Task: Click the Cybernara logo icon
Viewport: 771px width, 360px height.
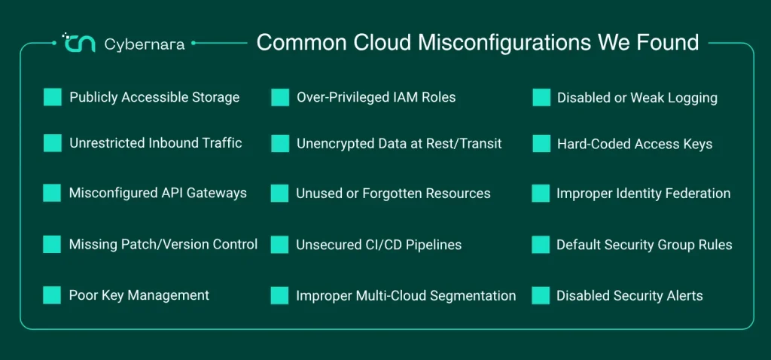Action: point(78,43)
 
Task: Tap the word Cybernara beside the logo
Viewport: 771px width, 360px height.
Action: point(145,44)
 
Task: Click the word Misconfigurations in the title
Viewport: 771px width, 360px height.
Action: point(504,43)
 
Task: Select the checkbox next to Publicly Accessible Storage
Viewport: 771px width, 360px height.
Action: point(53,97)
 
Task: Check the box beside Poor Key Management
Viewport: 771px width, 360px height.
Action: point(52,295)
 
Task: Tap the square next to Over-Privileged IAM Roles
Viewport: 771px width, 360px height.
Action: point(280,97)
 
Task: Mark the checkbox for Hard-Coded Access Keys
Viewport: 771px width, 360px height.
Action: point(541,144)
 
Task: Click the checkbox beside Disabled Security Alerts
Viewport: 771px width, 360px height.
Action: point(541,295)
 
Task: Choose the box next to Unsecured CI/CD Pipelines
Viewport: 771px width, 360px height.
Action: point(280,245)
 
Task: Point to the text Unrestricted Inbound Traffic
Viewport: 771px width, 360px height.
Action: point(156,143)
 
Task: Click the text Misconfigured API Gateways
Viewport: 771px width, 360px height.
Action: point(158,193)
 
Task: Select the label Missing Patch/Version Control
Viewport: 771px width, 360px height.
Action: point(163,245)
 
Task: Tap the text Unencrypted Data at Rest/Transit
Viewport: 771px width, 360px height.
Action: point(399,144)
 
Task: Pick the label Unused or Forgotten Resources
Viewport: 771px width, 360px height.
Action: point(393,194)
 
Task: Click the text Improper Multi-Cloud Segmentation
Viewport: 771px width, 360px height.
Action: point(406,295)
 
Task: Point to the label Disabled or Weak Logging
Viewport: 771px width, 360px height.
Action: point(637,98)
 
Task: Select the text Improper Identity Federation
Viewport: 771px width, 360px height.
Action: point(644,194)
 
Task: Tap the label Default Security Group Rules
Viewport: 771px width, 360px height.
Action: point(645,245)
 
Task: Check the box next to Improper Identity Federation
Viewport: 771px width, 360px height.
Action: point(541,194)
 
